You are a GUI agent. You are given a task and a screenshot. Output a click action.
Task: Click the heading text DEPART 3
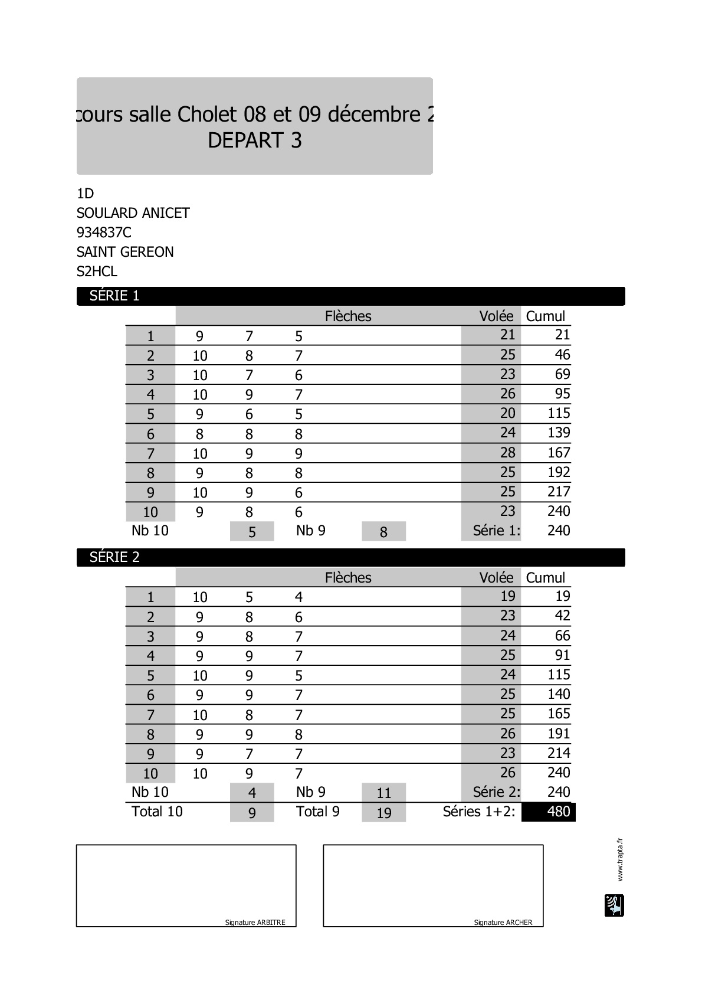pos(255,140)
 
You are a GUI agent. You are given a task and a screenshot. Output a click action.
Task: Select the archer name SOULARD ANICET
pos(133,213)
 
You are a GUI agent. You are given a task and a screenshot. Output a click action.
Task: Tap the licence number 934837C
pos(104,233)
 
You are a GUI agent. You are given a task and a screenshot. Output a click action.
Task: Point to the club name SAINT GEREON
pos(125,252)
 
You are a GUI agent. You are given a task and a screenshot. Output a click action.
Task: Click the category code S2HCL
pos(97,272)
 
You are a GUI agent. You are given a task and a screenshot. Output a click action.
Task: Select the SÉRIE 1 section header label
pos(114,296)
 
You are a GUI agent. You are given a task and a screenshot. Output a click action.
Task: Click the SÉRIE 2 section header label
pos(114,557)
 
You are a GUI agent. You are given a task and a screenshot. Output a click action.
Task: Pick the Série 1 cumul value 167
pos(559,453)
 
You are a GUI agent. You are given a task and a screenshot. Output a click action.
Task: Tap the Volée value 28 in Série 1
pos(507,453)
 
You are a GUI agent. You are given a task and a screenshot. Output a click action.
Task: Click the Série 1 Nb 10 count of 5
pos(252,532)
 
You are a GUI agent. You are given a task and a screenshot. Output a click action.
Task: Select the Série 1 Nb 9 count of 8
pos(383,532)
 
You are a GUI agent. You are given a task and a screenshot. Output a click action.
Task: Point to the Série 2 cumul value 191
pos(559,734)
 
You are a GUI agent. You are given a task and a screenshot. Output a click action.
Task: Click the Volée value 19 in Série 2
pos(507,596)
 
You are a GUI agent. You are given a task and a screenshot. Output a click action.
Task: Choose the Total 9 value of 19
pos(383,813)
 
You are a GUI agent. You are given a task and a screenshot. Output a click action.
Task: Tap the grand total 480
pos(558,812)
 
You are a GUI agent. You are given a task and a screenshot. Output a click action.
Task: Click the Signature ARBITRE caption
pos(255,922)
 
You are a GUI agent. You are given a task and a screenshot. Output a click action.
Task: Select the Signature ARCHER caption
pos(503,922)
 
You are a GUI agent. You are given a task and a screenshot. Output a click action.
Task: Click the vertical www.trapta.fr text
pos(619,859)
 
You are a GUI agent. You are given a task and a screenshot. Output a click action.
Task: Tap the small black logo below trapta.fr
pos(614,905)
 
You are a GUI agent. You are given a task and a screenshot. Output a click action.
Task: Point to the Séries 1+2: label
pos(479,812)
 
